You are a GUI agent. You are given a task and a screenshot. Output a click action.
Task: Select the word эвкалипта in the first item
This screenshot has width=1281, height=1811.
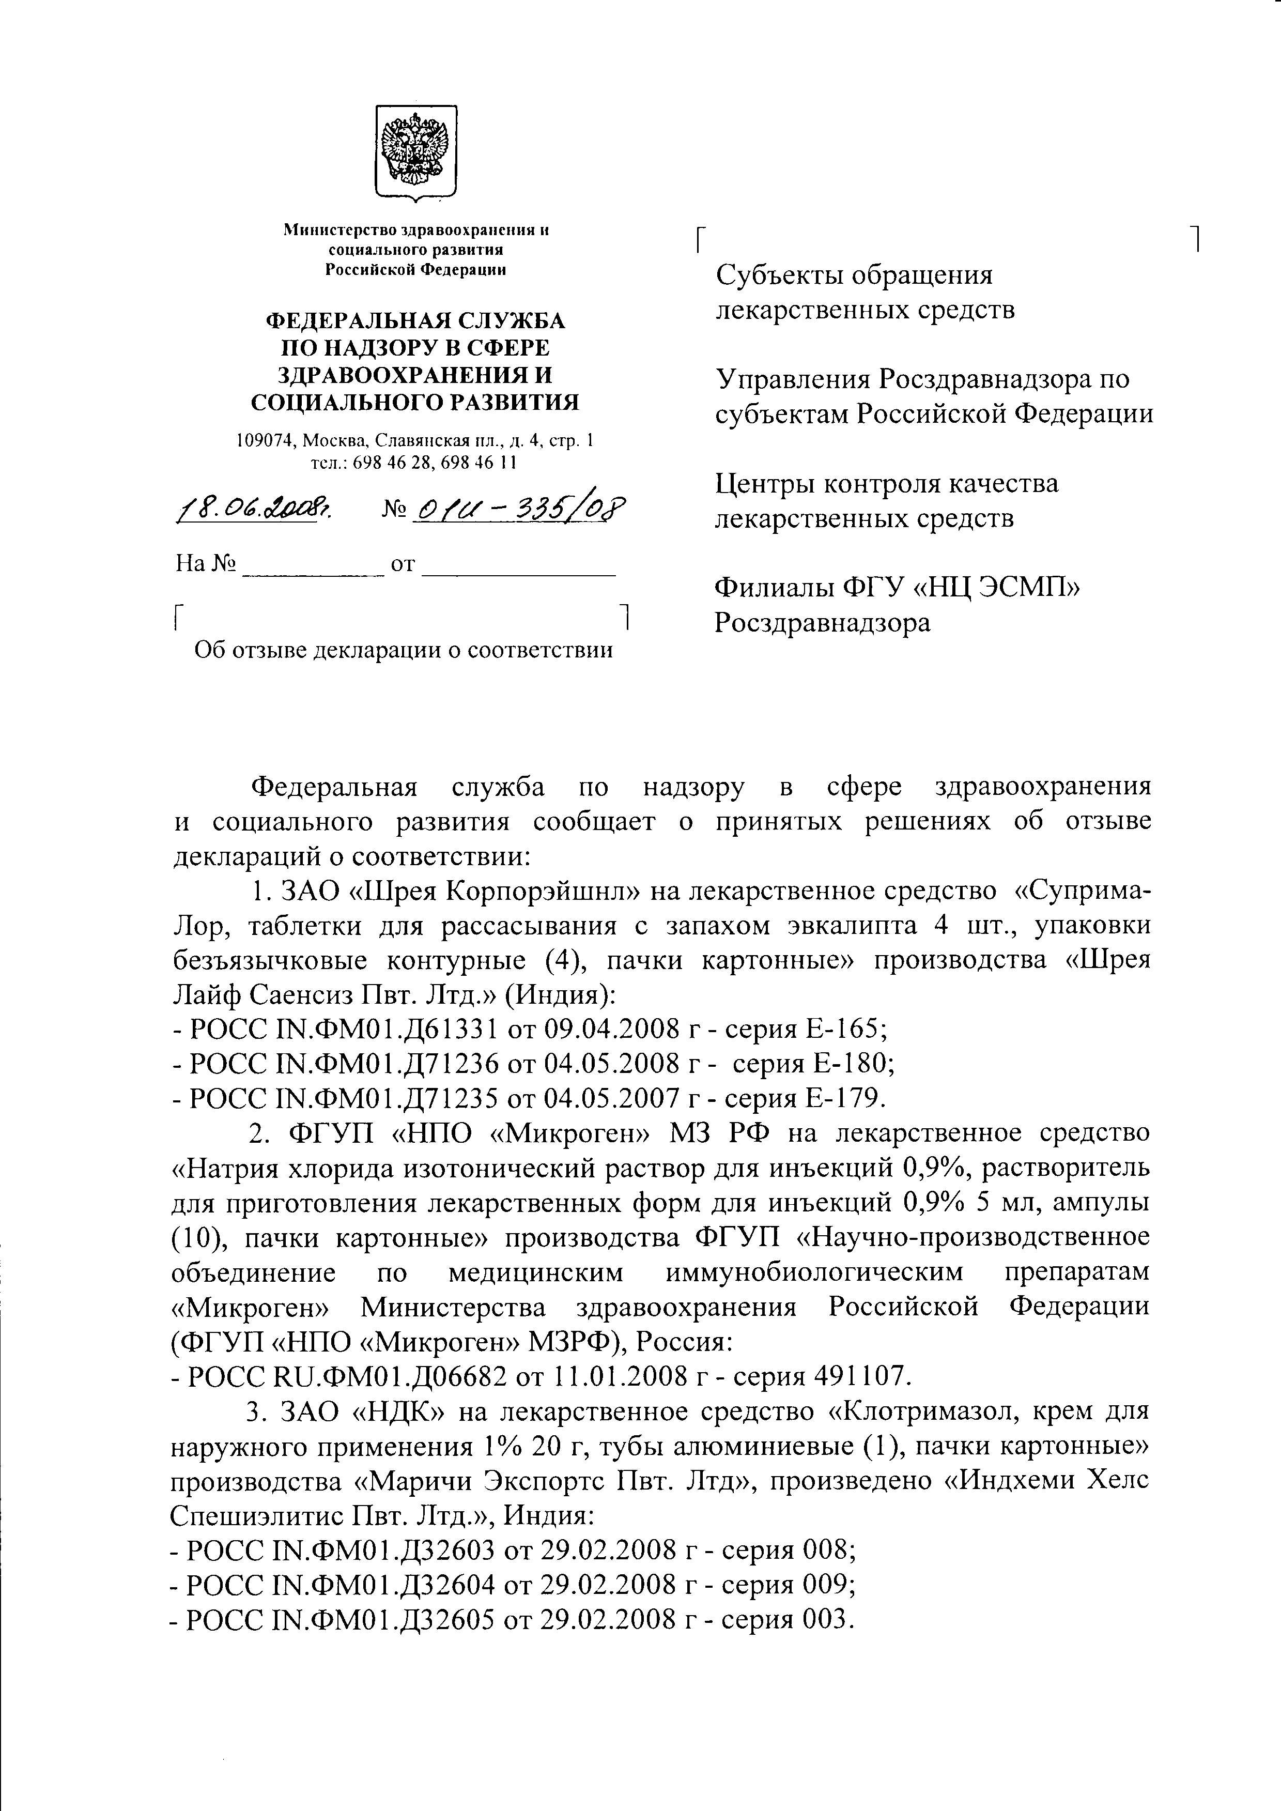coord(854,925)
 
